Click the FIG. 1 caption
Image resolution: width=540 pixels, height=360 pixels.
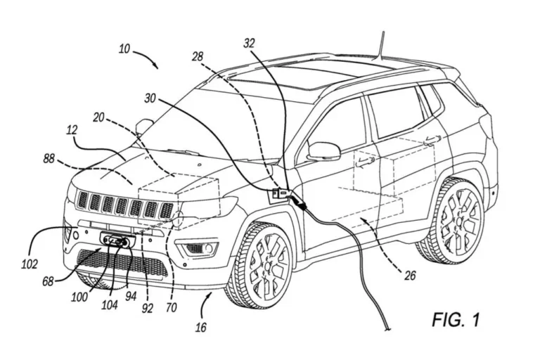[456, 320]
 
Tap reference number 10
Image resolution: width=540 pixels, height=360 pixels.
[124, 50]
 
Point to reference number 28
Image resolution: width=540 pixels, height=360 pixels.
[198, 56]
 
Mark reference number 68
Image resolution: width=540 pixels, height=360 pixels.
[48, 281]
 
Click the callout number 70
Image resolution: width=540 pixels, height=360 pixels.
[172, 307]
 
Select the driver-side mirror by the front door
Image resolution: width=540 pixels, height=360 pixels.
[323, 150]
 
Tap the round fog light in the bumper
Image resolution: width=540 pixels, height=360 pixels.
[205, 248]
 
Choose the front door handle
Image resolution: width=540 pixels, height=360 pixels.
[365, 162]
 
